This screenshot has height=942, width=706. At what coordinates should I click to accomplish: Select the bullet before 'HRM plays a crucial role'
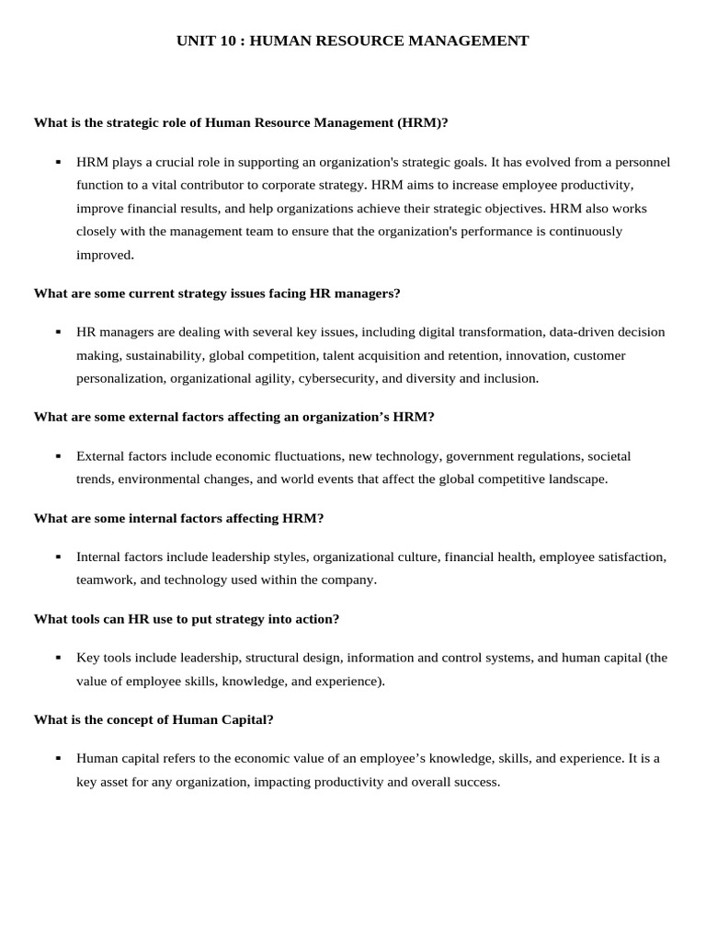pyautogui.click(x=58, y=162)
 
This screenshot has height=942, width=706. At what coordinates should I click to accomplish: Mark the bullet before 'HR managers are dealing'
pyautogui.click(x=58, y=332)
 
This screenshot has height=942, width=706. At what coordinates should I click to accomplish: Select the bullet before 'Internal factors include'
pyautogui.click(x=58, y=557)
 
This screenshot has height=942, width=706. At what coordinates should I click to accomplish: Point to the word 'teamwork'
pyautogui.click(x=104, y=580)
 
